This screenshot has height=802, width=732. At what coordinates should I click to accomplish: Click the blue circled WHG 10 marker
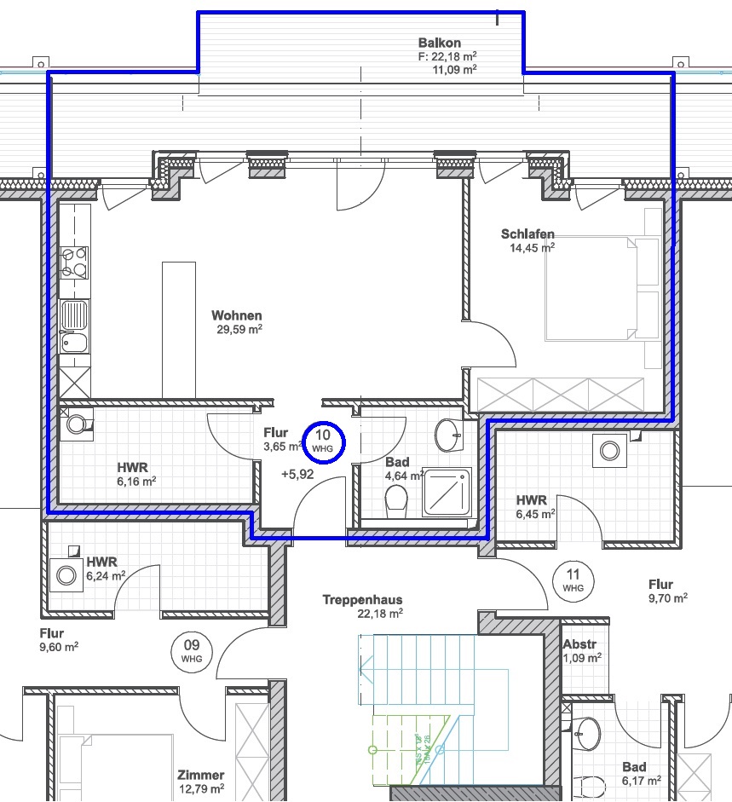coord(324,442)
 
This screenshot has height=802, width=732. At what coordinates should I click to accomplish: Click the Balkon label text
coord(440,43)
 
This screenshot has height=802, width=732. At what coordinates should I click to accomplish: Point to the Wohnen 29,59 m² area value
coord(237,329)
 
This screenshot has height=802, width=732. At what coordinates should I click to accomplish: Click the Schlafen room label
coord(527,234)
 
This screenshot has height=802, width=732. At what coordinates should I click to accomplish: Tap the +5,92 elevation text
coord(297,475)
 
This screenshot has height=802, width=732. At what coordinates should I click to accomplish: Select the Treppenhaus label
coord(362,600)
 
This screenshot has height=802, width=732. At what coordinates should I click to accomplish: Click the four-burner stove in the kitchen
coord(73,263)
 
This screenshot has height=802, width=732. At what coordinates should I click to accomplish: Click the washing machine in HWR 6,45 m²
coord(609,449)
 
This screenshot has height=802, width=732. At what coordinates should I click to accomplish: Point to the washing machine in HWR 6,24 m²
coord(66,576)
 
